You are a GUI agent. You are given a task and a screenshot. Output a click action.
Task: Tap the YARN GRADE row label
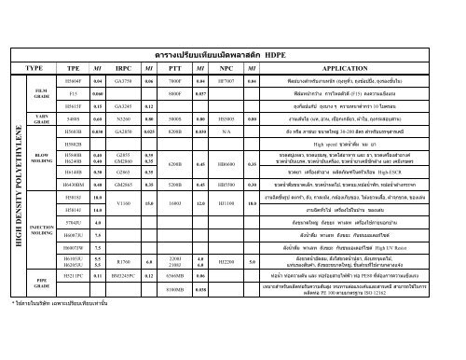(x=43, y=120)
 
